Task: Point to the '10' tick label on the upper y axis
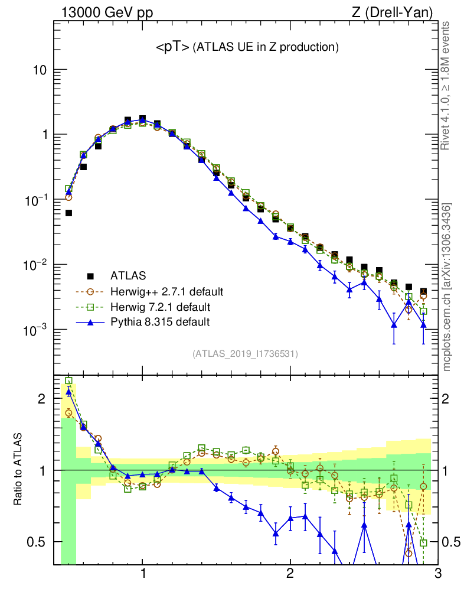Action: point(39,70)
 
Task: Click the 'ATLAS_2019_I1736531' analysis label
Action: point(245,354)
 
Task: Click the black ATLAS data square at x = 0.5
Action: point(68,213)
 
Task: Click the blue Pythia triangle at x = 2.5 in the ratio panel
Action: point(364,524)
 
